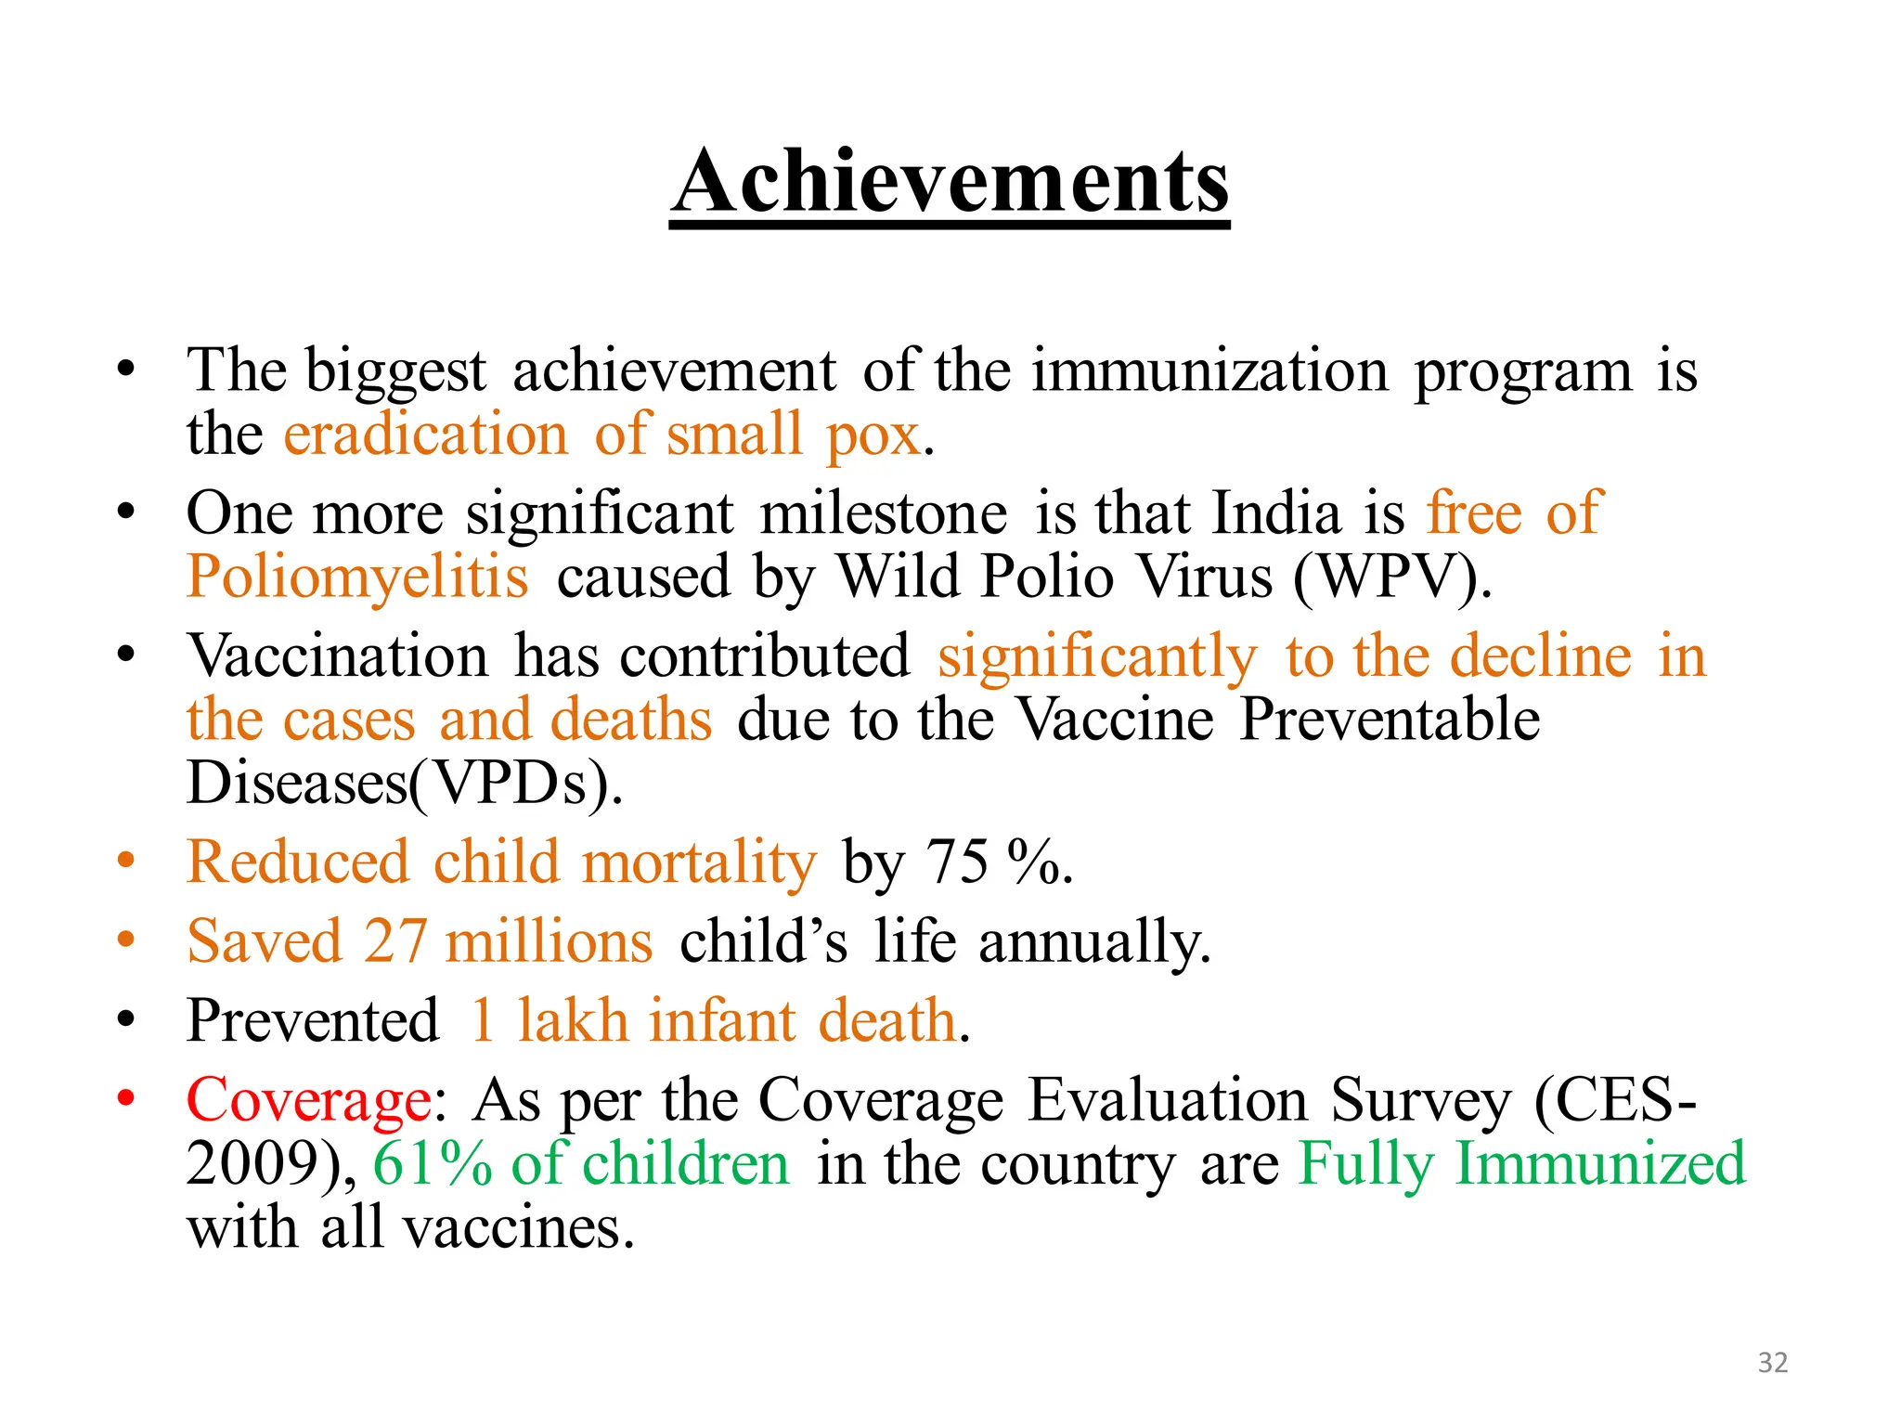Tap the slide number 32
tap(1772, 1362)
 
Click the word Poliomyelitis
tap(357, 577)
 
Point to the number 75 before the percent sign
tap(957, 862)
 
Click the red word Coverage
tap(308, 1101)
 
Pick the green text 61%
tap(433, 1163)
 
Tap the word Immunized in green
tap(1600, 1163)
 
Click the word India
tap(1276, 513)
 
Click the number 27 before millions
tap(395, 941)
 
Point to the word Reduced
tap(297, 862)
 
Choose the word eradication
tap(425, 434)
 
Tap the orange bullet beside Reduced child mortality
tap(126, 861)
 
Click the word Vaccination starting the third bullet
tap(337, 656)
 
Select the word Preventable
tap(1389, 719)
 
